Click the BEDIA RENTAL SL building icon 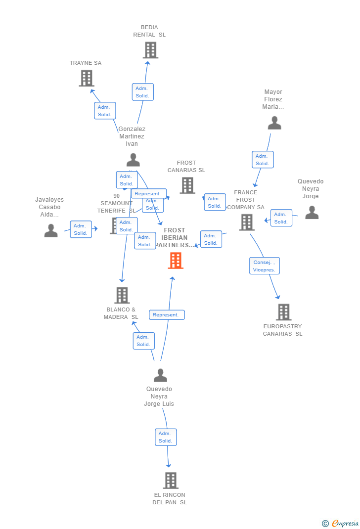click(150, 50)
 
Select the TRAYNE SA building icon click(87, 78)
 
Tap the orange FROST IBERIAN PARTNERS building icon click(176, 261)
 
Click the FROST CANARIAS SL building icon click(187, 185)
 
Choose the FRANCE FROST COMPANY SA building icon click(246, 222)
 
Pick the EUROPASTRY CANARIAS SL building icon click(283, 312)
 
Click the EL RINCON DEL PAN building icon click(170, 480)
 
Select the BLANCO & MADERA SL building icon click(122, 295)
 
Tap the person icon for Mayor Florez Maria click(274, 123)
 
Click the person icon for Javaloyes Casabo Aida click(51, 230)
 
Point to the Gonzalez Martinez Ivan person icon click(133, 160)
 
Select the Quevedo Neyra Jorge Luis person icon click(160, 375)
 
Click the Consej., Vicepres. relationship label click(265, 266)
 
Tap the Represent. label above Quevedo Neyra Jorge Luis click(167, 315)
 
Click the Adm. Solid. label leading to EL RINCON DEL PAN click(166, 437)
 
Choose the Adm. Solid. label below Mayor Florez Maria click(263, 160)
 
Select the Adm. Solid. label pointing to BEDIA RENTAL click(143, 92)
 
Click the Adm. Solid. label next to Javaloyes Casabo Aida click(81, 229)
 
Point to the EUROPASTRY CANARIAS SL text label click(282, 330)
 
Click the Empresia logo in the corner click(341, 523)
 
